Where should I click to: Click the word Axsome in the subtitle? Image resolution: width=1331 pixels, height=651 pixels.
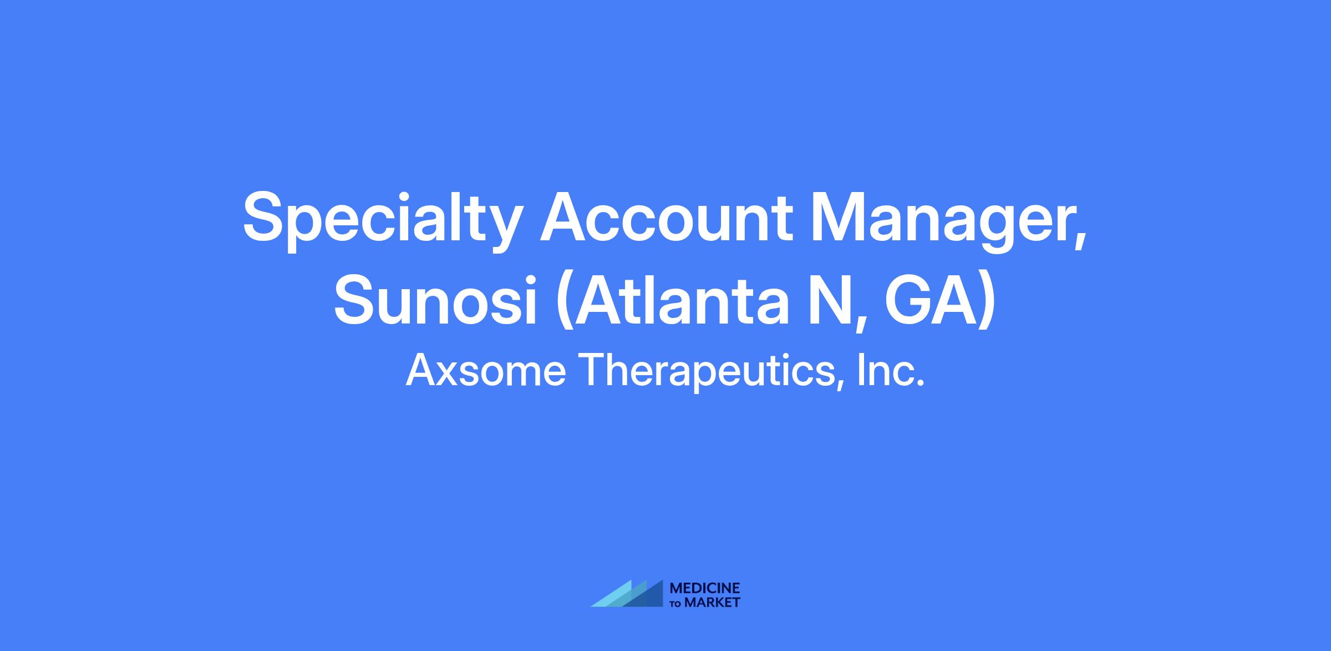pyautogui.click(x=486, y=370)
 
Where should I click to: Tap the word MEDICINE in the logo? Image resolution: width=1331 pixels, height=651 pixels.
pyautogui.click(x=705, y=588)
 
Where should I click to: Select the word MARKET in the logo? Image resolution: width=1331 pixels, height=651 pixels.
pyautogui.click(x=713, y=602)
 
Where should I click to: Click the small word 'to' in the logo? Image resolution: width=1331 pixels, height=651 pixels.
pyautogui.click(x=677, y=603)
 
